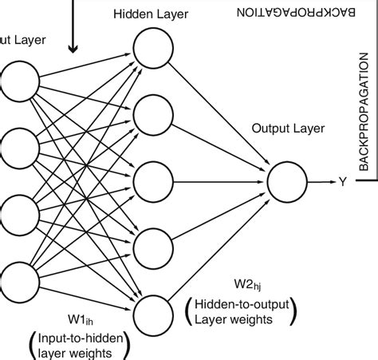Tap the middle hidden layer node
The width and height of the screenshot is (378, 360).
point(151,180)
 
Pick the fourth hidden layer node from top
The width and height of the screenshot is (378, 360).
point(151,246)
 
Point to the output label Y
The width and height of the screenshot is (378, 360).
point(342,182)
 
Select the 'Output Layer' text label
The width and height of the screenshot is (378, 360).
point(283,127)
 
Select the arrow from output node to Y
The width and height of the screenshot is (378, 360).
point(320,182)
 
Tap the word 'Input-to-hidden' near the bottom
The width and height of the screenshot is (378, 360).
point(77,338)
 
